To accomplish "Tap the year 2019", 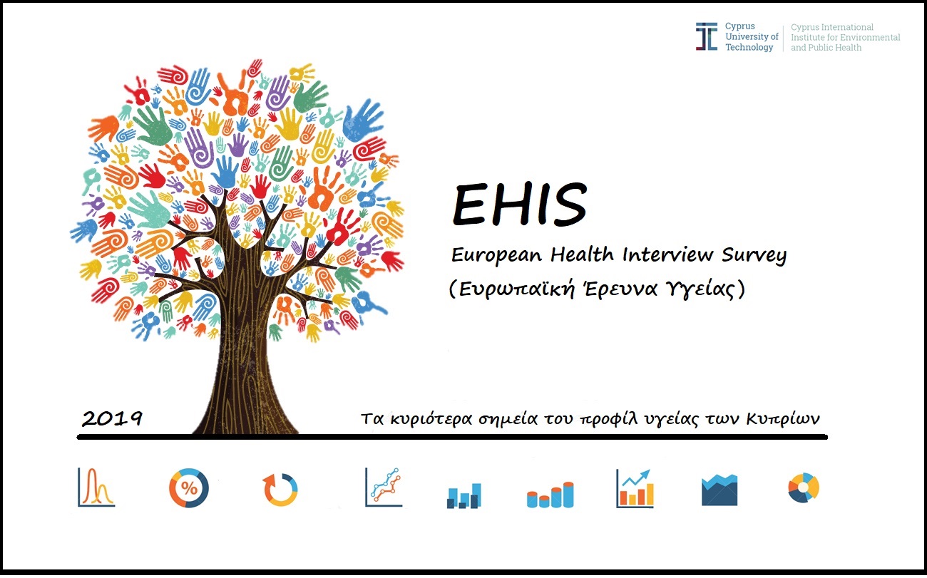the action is [x=112, y=418].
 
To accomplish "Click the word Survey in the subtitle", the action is [x=754, y=255].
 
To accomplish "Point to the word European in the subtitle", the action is [x=496, y=255].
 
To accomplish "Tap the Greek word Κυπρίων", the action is [x=783, y=419].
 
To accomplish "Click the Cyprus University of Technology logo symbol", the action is [x=707, y=37].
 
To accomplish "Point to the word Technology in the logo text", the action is [x=749, y=48].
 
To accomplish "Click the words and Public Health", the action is [x=826, y=48].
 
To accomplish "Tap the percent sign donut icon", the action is [x=189, y=488].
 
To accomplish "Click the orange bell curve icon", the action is [x=96, y=487].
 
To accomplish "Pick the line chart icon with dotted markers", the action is [x=384, y=487].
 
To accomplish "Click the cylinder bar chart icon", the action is [x=550, y=495].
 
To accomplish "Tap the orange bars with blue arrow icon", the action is [x=635, y=488].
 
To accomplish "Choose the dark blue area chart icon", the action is [x=719, y=490].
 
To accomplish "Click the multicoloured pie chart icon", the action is [x=804, y=487].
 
